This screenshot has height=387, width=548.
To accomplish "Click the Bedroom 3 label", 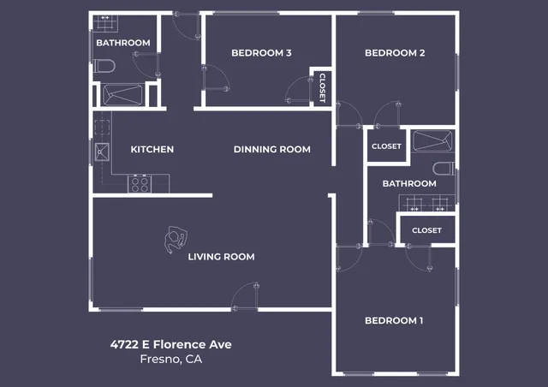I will point(261,53).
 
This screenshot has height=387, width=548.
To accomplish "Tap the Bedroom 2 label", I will point(395,53).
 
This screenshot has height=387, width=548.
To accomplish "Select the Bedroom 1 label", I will point(394,321).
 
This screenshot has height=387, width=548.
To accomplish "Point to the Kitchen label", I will point(152,150).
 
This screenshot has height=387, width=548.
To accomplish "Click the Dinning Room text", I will point(271,150).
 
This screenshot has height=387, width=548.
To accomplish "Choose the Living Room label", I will point(221,257).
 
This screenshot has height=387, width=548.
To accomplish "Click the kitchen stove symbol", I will point(139,183).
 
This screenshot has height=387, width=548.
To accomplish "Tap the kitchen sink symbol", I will point(102,153).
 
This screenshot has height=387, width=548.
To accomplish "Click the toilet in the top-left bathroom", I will point(104,66).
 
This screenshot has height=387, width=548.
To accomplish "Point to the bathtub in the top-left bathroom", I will point(123,93).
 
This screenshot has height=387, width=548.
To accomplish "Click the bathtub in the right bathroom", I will point(432,141).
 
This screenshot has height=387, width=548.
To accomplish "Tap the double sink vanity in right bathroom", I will point(426,203).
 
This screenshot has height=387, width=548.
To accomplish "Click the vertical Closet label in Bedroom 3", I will point(322,87).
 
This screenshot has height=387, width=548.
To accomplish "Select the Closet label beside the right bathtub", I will point(386,146).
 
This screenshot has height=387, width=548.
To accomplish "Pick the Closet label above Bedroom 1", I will point(426,230).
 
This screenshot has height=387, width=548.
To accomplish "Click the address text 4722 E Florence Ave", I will point(170,344).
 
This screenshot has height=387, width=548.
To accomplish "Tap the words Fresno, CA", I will point(170,360).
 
